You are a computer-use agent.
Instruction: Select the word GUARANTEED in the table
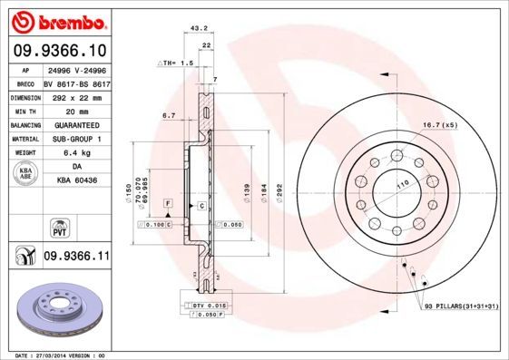(76, 125)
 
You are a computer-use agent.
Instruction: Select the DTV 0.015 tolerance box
(210, 307)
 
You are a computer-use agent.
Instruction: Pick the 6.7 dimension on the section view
(168, 116)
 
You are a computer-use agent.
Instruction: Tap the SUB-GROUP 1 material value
(76, 140)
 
